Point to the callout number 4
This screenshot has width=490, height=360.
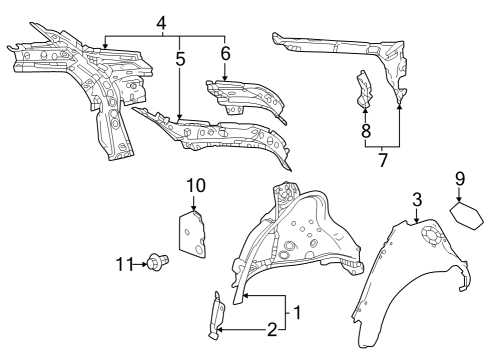pyautogui.click(x=162, y=22)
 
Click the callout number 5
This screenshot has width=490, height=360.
pyautogui.click(x=179, y=59)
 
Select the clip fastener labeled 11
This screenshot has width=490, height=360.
pyautogui.click(x=156, y=262)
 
